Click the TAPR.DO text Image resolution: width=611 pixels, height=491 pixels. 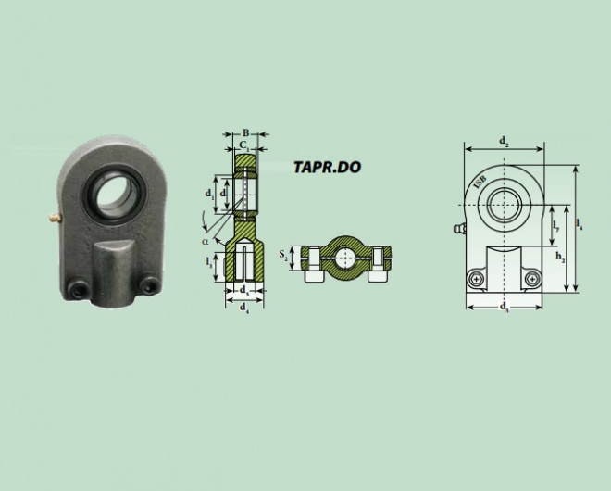click(x=327, y=167)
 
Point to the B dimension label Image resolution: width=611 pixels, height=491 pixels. click(x=245, y=133)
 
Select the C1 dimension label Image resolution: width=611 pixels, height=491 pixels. click(x=244, y=145)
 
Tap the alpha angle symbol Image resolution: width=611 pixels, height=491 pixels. click(x=205, y=241)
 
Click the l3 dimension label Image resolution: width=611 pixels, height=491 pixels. click(x=209, y=262)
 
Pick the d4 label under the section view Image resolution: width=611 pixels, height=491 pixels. click(x=244, y=308)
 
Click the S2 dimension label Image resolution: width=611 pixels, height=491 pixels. click(x=283, y=255)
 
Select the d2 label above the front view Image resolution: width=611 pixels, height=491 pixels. click(x=505, y=141)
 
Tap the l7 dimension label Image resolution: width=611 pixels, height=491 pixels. click(x=556, y=226)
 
